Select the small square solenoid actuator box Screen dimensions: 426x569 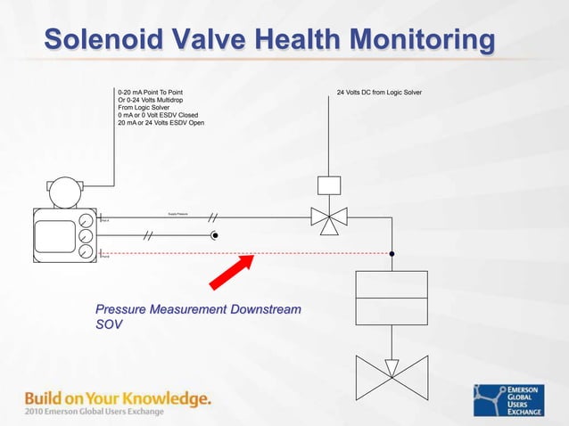pos(329,185)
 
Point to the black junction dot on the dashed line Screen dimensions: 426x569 pos(392,253)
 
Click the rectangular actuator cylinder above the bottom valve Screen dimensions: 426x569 pos(392,297)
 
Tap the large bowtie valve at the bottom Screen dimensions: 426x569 pos(392,372)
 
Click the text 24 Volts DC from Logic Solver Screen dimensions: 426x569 pos(379,92)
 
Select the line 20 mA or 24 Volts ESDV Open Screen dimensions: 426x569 pos(161,122)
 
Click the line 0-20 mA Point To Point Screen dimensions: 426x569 pos(151,92)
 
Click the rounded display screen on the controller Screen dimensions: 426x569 pos(54,235)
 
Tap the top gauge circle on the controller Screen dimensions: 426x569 pos(86,221)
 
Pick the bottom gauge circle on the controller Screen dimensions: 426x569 pos(86,252)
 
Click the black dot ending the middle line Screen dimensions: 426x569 pos(215,236)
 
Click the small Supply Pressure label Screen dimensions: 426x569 pos(177,214)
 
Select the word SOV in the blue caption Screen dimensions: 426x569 pos(109,324)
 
